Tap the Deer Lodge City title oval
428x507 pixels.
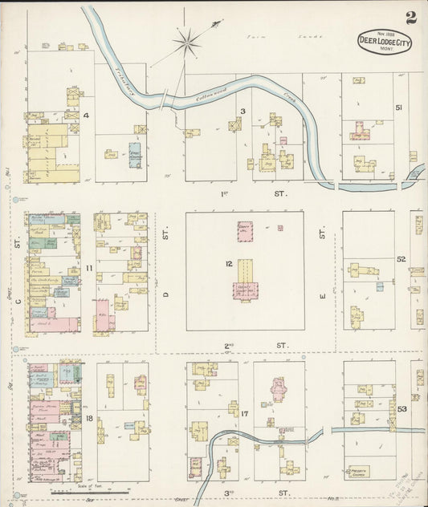(x=385, y=43)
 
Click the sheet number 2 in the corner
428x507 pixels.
(x=410, y=17)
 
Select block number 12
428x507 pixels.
(x=229, y=263)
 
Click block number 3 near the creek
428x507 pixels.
(x=242, y=112)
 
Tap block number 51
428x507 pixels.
(x=399, y=107)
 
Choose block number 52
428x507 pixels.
(x=400, y=259)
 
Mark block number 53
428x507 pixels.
(x=399, y=410)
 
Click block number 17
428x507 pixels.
(x=243, y=413)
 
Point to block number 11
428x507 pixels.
(x=89, y=267)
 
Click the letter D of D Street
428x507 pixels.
(x=167, y=295)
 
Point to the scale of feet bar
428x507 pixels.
(x=96, y=491)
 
